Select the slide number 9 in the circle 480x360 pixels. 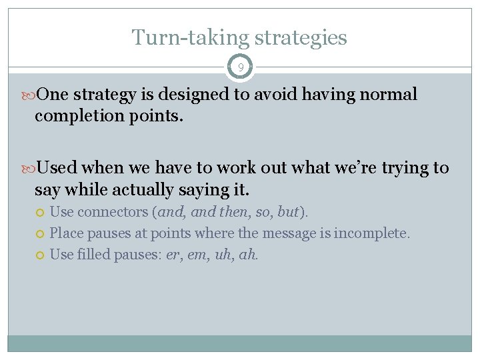coord(240,67)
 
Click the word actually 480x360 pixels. coord(141,189)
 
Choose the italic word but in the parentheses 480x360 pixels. coord(288,212)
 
